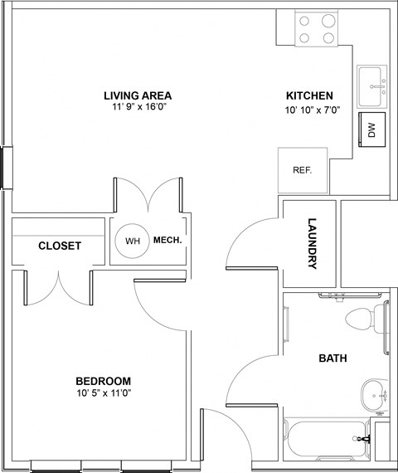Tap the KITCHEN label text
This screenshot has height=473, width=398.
click(310, 95)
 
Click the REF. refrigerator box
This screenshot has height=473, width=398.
click(303, 170)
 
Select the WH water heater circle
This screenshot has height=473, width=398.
click(133, 241)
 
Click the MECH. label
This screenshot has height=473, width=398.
click(167, 241)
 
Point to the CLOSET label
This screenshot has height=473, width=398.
click(60, 246)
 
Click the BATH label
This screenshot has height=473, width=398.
click(333, 358)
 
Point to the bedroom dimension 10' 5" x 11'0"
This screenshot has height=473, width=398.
click(104, 393)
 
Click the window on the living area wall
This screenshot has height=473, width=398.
click(6, 167)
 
